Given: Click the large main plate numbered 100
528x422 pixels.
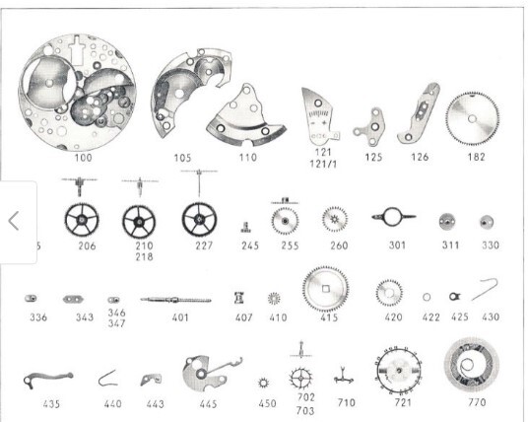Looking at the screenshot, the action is coord(78,92).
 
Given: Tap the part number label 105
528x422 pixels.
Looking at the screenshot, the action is coord(182,158).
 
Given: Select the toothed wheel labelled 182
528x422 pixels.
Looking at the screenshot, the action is coord(473,118).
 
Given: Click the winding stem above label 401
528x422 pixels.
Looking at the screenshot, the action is coord(175,300).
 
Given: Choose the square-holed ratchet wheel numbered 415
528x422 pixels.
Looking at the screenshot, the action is coord(325,289).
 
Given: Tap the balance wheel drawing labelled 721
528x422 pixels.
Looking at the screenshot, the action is coord(399,370).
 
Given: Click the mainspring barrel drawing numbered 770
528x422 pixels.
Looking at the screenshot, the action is coord(472,365).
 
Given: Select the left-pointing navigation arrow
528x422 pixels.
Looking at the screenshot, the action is coord(14,221).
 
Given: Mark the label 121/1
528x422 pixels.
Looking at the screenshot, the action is coord(323,164).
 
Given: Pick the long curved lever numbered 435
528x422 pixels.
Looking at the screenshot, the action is coord(47,379).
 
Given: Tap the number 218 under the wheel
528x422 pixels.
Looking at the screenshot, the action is coord(144,256).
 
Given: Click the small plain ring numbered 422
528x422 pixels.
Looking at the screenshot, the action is coord(427,297).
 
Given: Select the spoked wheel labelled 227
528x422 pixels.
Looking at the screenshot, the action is coord(199,220).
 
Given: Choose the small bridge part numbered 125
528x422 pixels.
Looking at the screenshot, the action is coord(369,127).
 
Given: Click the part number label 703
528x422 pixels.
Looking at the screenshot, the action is coord(305,411).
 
